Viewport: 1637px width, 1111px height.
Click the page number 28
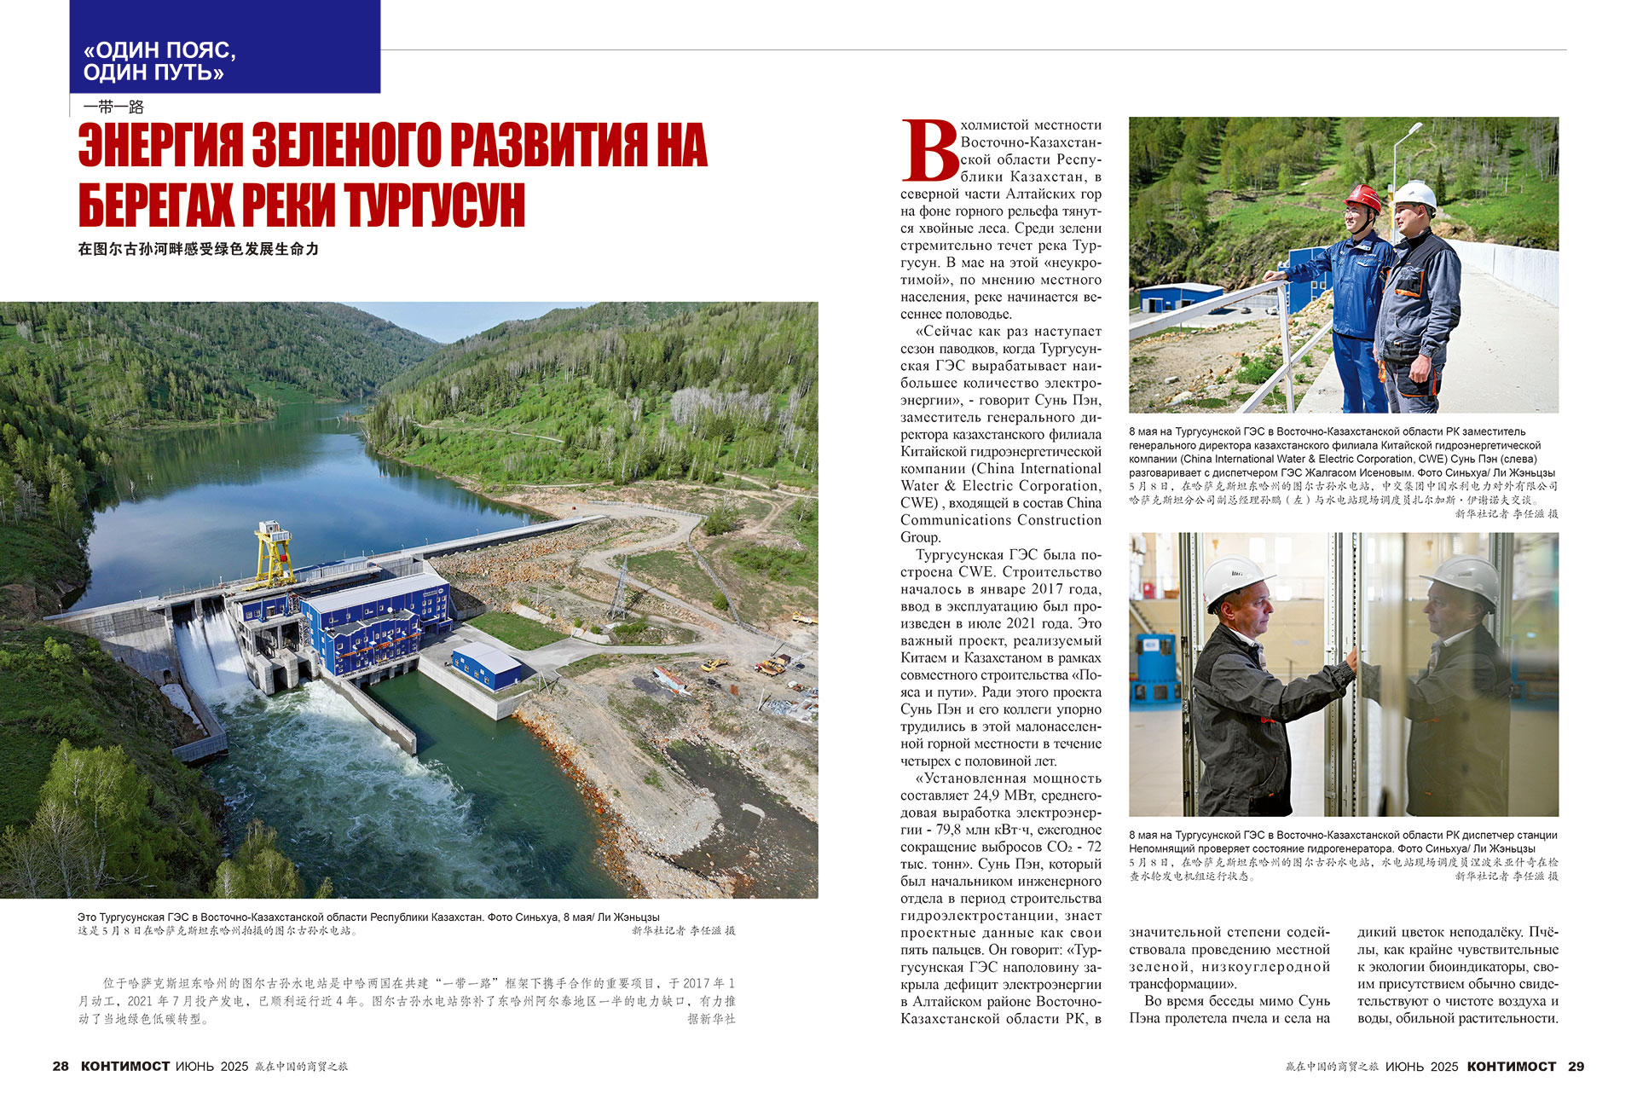point(61,1066)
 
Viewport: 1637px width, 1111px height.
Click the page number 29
point(1576,1066)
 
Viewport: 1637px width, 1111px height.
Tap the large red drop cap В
point(929,151)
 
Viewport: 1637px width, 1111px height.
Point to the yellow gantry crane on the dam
point(275,554)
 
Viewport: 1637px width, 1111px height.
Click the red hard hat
point(1361,199)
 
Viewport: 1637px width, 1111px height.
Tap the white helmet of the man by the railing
point(1414,195)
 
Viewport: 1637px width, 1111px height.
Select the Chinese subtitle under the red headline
point(198,249)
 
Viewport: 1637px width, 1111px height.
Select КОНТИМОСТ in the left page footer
point(124,1066)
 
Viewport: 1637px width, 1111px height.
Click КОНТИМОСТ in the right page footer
point(1511,1066)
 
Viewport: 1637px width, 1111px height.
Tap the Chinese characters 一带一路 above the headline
point(113,107)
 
